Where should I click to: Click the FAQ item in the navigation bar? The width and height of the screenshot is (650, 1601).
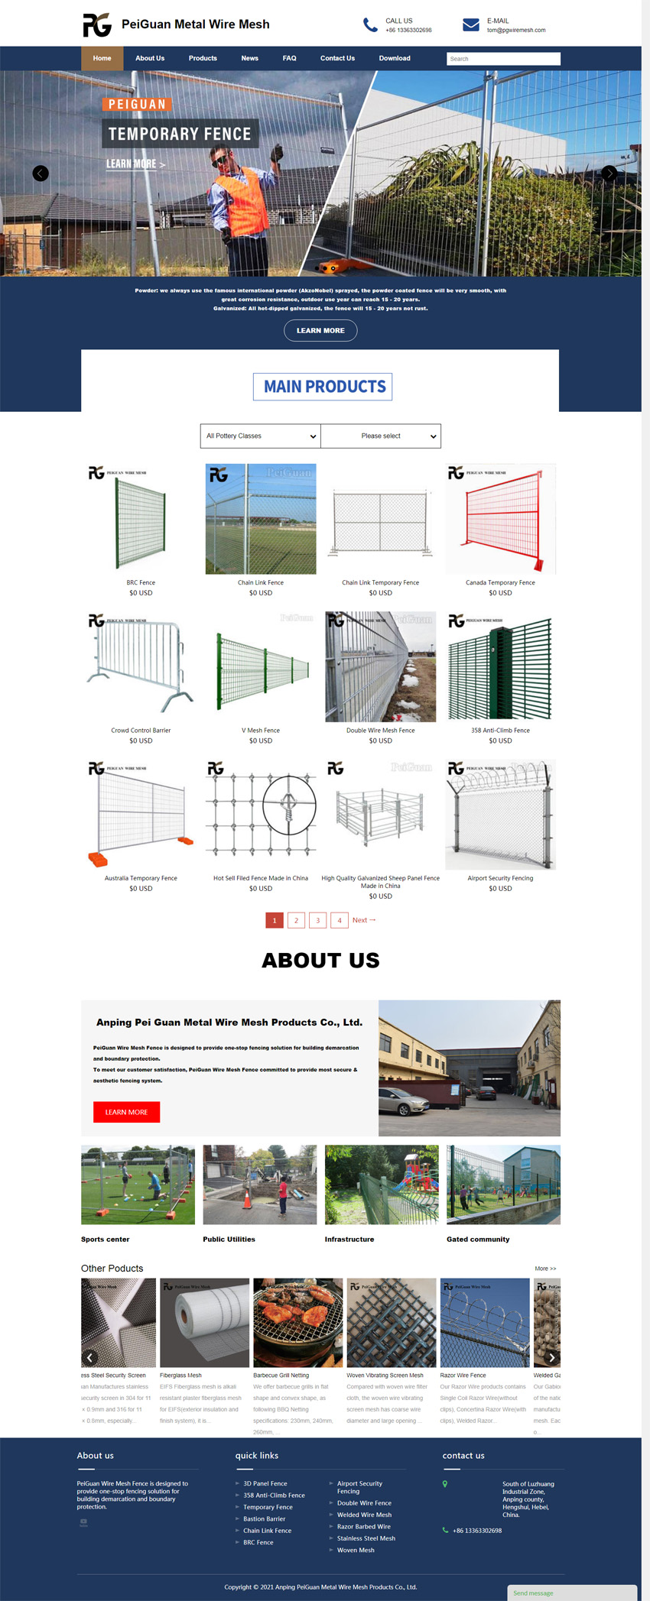pyautogui.click(x=289, y=58)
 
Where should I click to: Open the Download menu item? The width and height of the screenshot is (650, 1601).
pyautogui.click(x=395, y=58)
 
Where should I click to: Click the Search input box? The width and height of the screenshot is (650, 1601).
pyautogui.click(x=503, y=59)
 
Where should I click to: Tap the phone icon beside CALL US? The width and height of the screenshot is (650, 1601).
pyautogui.click(x=370, y=25)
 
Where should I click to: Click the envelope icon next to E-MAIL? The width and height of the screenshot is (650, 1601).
pyautogui.click(x=471, y=25)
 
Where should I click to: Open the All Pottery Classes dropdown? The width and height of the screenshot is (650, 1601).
pyautogui.click(x=261, y=436)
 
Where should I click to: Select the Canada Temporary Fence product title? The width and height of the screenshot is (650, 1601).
pyautogui.click(x=500, y=582)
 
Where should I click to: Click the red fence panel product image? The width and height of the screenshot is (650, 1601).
pyautogui.click(x=501, y=519)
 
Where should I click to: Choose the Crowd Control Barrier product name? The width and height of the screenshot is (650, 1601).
pyautogui.click(x=141, y=731)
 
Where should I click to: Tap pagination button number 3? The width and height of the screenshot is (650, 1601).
pyautogui.click(x=318, y=920)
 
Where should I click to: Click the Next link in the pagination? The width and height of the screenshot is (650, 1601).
pyautogui.click(x=363, y=920)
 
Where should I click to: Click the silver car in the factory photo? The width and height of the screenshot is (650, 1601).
pyautogui.click(x=404, y=1101)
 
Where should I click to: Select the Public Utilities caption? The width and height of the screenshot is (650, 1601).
pyautogui.click(x=229, y=1240)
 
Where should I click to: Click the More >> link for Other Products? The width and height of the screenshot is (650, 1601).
pyautogui.click(x=545, y=1269)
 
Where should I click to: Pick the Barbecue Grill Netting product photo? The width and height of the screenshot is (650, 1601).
pyautogui.click(x=298, y=1323)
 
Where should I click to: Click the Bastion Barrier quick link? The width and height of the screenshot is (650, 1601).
pyautogui.click(x=265, y=1519)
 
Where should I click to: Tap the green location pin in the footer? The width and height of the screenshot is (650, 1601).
pyautogui.click(x=445, y=1484)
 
